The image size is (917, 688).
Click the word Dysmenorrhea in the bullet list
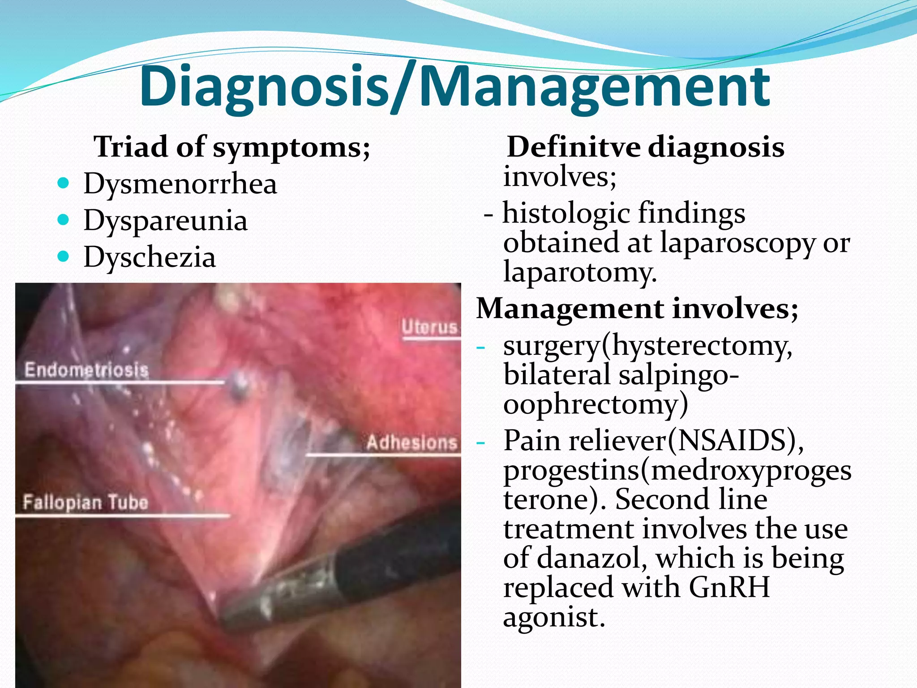click(180, 184)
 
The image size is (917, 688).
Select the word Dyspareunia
click(165, 221)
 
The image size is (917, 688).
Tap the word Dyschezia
click(150, 258)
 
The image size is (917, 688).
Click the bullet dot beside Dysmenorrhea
click(64, 183)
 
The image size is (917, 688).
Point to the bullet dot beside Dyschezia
click(64, 256)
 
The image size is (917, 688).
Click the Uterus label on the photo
click(429, 327)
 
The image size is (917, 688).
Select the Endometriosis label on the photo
click(86, 370)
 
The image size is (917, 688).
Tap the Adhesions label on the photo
click(411, 443)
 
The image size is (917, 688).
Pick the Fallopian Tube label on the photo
click(85, 503)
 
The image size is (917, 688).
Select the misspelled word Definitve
click(574, 147)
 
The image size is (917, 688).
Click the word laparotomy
click(579, 272)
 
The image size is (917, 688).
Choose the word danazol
click(591, 559)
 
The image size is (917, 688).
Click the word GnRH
click(729, 587)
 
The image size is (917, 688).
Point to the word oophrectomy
click(595, 404)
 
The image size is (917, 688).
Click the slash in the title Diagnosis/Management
click(405, 87)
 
